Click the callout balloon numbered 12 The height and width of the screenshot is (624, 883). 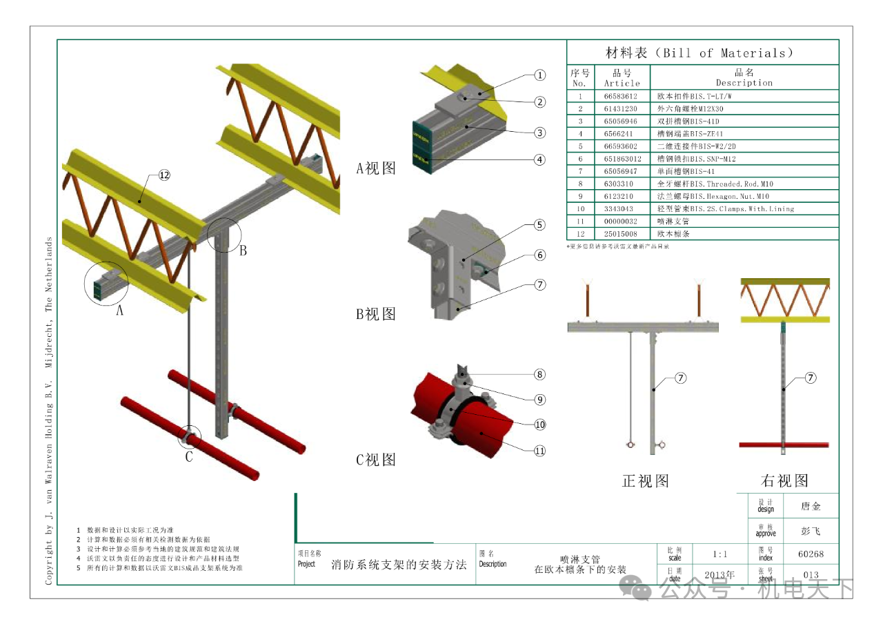(163, 175)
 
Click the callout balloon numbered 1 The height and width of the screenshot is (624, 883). (540, 76)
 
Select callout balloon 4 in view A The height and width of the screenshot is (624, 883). (540, 159)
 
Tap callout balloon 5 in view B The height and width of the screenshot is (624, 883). (540, 224)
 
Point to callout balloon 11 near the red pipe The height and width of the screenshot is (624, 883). (540, 451)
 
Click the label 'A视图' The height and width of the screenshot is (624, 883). (376, 168)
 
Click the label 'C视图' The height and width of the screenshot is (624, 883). (376, 459)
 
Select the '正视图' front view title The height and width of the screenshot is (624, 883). (646, 480)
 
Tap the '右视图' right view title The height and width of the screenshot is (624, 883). (784, 480)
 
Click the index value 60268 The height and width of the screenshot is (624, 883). (811, 554)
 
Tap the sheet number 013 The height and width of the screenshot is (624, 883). (811, 575)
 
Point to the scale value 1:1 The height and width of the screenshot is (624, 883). (720, 554)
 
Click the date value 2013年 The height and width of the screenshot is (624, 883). (720, 574)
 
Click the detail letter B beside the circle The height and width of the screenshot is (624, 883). (243, 251)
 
